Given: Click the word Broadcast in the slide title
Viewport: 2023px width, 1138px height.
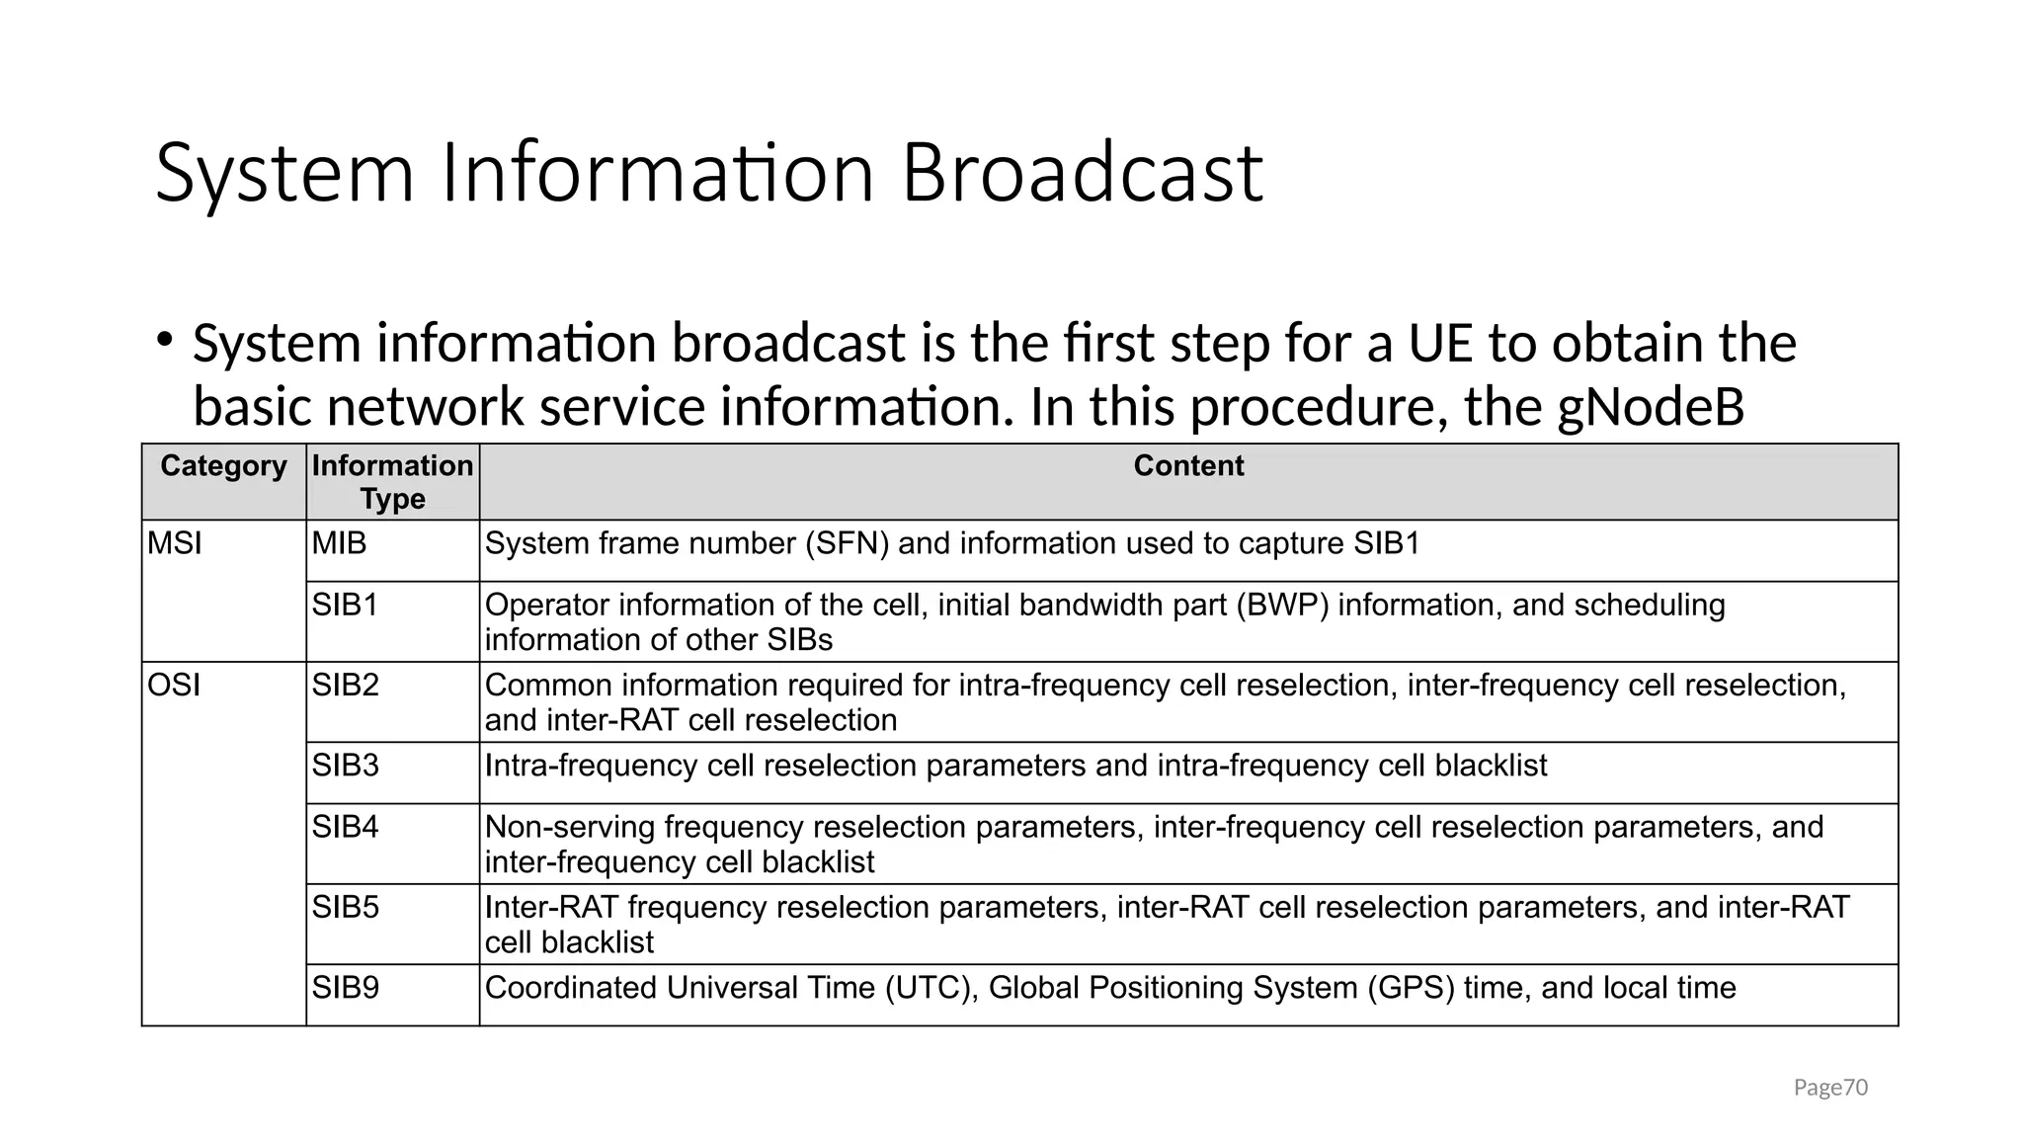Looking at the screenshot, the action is coord(1082,174).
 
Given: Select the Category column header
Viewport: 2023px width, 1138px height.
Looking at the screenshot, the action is coord(223,465).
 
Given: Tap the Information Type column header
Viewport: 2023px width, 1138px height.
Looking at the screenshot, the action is coord(392,482).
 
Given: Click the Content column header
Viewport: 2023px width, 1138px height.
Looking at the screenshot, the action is coord(1188,465).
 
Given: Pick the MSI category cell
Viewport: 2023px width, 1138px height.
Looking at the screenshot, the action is coord(175,543).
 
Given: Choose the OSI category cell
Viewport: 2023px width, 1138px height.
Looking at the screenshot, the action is coord(174,685).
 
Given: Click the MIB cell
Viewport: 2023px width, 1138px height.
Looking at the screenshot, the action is coord(339,543).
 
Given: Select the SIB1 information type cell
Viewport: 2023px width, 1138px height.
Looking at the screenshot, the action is coord(345,605).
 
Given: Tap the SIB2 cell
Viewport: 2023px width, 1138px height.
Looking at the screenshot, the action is coord(345,685).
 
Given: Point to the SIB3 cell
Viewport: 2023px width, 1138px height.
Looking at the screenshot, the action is coord(345,766).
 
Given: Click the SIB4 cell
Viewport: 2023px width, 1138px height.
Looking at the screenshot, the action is coord(345,827).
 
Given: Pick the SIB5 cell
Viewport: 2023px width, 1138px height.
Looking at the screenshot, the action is coord(345,907).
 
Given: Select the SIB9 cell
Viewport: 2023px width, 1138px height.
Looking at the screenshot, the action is coord(345,988).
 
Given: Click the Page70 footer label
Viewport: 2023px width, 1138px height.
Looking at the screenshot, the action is coord(1830,1088).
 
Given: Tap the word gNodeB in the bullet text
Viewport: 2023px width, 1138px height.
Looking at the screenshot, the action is coord(1651,407).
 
